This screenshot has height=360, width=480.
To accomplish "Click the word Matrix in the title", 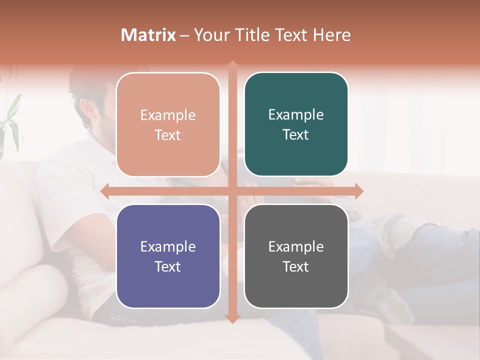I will [148, 35].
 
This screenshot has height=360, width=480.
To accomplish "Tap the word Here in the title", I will [331, 35].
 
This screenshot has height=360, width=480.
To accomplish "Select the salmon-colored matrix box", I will [168, 125].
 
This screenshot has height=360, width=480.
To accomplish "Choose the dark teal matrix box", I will [296, 124].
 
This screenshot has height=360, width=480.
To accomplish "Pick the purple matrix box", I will [168, 256].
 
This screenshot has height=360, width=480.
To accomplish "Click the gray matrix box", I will [296, 256].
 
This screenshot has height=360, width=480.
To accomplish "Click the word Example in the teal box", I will [296, 115].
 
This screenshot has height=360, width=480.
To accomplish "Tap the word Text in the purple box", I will [168, 266].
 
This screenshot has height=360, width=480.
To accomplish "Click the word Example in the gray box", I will [296, 246].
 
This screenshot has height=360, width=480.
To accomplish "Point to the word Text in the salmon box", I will [168, 135].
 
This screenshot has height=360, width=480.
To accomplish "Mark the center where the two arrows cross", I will [232, 191].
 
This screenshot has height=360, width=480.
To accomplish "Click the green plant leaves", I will [12, 120].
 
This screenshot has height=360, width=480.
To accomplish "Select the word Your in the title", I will [210, 35].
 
